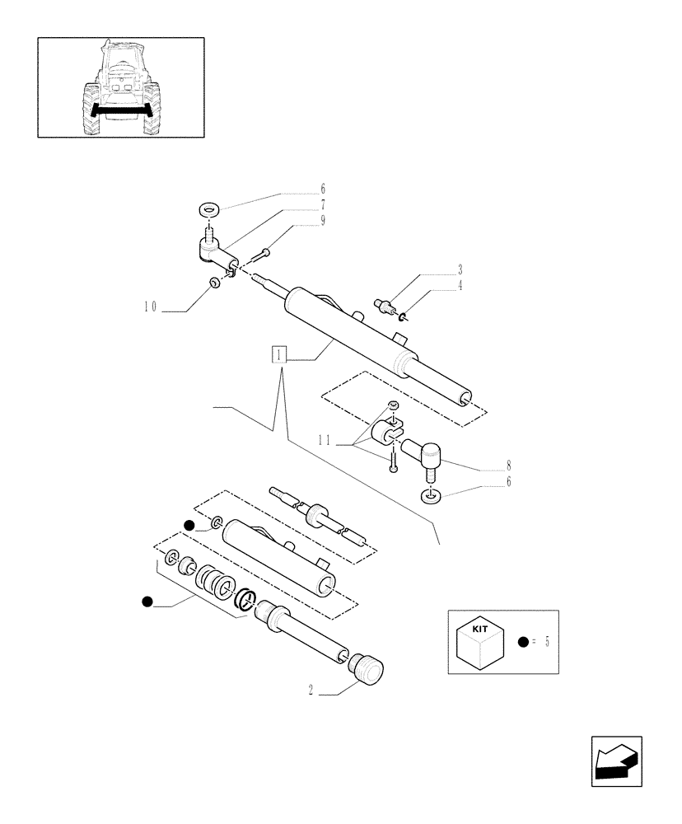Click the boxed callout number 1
pyautogui.click(x=281, y=355)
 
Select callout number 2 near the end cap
pyautogui.click(x=311, y=693)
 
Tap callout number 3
pyautogui.click(x=460, y=269)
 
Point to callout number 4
pyautogui.click(x=460, y=286)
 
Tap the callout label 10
pyautogui.click(x=150, y=307)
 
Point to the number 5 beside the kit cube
pyautogui.click(x=546, y=643)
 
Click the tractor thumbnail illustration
pyautogui.click(x=120, y=87)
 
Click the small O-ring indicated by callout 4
pyautogui.click(x=402, y=315)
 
